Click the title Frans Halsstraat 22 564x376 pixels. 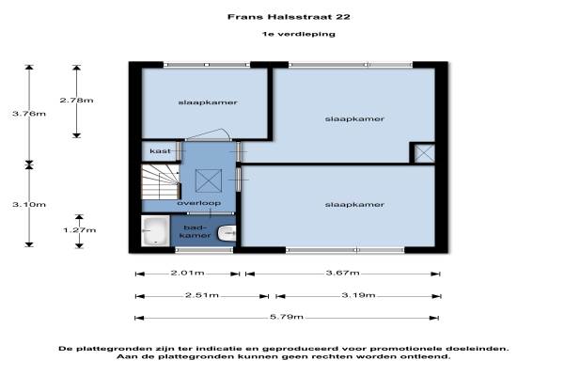click(x=289, y=17)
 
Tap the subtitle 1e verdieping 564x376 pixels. click(x=299, y=34)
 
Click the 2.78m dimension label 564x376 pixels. click(x=77, y=100)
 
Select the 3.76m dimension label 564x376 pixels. click(x=29, y=114)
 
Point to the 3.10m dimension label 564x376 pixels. click(x=29, y=204)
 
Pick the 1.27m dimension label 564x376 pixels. click(x=80, y=230)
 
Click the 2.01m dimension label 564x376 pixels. click(x=187, y=273)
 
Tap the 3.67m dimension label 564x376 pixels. click(x=342, y=273)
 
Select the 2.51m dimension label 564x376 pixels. click(x=202, y=295)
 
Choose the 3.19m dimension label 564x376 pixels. click(x=358, y=295)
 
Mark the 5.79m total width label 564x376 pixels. click(x=287, y=317)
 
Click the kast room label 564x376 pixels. click(x=160, y=150)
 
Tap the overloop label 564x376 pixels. click(x=199, y=203)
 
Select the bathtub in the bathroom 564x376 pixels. click(x=155, y=230)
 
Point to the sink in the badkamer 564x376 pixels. click(x=227, y=233)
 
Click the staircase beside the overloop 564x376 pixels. click(x=161, y=181)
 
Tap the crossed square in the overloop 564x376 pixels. click(x=209, y=181)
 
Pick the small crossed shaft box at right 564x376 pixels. click(x=425, y=153)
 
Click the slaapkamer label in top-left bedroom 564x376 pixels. click(x=208, y=102)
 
